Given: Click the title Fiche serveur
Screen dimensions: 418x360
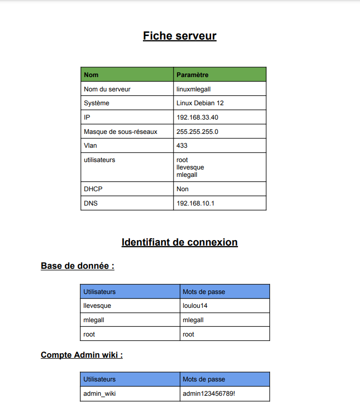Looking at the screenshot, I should [180, 36].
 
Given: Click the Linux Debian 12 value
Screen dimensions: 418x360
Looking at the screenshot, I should [200, 103].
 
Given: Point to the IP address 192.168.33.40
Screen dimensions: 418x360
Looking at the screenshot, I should [197, 118].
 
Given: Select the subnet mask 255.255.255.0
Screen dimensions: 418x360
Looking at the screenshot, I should [197, 132].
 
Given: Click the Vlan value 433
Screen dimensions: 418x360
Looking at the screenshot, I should [182, 146].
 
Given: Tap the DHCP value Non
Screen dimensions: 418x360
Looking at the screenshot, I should [182, 189].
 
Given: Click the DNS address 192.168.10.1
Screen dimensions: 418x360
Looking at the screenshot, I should [195, 204].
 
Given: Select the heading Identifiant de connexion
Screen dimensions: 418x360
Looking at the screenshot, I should [180, 243].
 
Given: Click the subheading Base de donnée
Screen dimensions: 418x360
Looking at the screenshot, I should [77, 266].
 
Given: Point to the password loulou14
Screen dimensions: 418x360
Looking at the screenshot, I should [195, 306].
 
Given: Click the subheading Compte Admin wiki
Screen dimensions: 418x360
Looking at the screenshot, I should [82, 355].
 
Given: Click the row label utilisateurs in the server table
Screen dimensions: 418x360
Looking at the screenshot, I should [99, 160].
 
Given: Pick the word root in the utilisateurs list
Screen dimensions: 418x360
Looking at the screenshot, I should [182, 160].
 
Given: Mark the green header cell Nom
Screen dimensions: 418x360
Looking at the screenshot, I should [91, 75].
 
